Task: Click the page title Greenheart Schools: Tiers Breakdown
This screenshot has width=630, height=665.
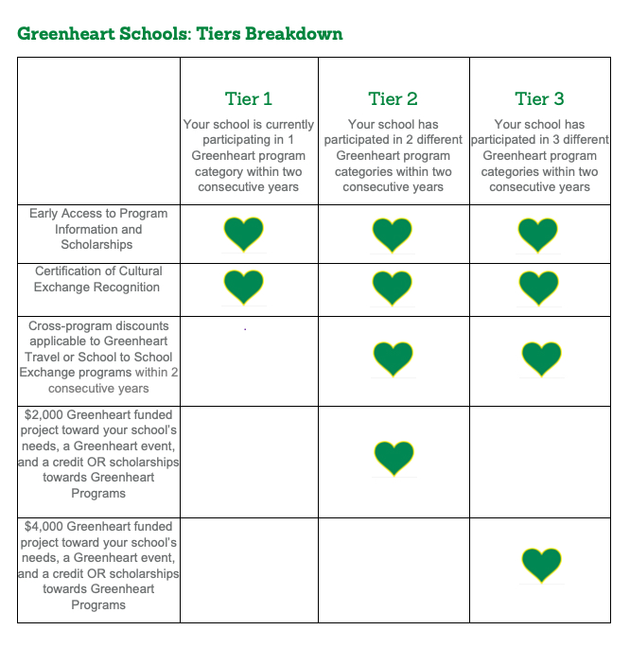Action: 180,34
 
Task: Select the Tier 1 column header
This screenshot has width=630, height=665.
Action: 248,98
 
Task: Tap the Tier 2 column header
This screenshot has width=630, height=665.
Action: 393,98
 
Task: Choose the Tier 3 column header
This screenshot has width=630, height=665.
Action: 538,98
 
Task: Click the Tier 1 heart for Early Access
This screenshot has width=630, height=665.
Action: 243,233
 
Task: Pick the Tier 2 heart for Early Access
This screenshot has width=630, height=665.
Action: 393,234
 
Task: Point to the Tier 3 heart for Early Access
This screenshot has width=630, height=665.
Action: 538,234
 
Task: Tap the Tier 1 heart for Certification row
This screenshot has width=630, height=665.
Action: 243,286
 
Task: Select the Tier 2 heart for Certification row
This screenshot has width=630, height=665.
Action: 393,286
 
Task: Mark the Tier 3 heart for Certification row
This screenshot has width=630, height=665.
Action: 538,286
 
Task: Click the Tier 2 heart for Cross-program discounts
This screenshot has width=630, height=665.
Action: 393,359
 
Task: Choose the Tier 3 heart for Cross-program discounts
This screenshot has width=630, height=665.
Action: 541,359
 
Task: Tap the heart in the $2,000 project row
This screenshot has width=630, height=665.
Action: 393,457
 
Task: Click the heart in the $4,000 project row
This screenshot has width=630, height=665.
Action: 541,564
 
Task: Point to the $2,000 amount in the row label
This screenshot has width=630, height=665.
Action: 39,414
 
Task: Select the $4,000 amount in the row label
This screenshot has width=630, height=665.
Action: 39,526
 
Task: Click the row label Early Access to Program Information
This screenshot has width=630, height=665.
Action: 98,229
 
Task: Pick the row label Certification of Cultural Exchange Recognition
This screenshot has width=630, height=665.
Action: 98,279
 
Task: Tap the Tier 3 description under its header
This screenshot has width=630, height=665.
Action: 539,155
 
